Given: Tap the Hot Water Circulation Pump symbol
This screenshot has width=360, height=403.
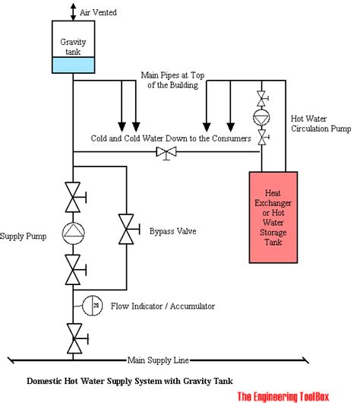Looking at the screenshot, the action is [261, 117].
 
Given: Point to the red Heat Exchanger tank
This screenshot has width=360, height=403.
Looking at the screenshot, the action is [273, 217].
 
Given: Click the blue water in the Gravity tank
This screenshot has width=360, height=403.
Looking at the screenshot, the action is [73, 65].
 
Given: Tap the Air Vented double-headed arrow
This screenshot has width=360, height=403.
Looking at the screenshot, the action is [74, 12].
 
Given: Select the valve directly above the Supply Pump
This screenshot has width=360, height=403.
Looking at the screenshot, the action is [75, 197].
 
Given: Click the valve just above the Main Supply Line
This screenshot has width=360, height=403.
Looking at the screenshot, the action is [77, 338].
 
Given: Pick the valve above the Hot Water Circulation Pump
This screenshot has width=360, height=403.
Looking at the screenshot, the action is [263, 98].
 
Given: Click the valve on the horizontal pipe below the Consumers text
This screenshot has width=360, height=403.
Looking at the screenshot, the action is [166, 153].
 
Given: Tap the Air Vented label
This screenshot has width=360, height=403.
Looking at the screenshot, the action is [98, 12].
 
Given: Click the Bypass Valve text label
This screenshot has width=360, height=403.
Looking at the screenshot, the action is [173, 231].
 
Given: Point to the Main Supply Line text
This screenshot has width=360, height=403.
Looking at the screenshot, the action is [158, 360].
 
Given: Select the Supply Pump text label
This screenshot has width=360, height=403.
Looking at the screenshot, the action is [23, 236].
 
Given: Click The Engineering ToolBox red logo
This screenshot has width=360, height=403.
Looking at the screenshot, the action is [283, 396].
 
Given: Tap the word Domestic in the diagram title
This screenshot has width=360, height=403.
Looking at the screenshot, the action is [44, 381].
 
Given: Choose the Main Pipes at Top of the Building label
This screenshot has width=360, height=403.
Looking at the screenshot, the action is [173, 80].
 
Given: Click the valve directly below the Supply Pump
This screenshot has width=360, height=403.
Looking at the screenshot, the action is [75, 270].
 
